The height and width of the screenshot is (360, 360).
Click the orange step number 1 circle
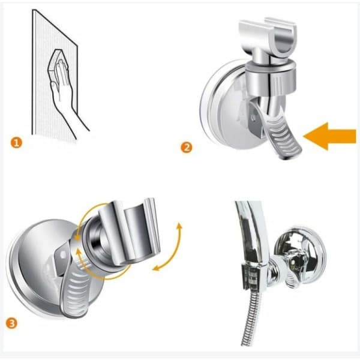[x=16, y=142]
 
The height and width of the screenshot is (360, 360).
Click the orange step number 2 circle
[x=187, y=147]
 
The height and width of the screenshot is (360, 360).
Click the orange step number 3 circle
[x=11, y=323]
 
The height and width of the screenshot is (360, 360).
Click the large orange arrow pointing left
[x=329, y=136]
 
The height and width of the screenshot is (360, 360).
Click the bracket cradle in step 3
[x=128, y=232]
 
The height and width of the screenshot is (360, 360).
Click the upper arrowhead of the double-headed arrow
[x=179, y=226]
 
